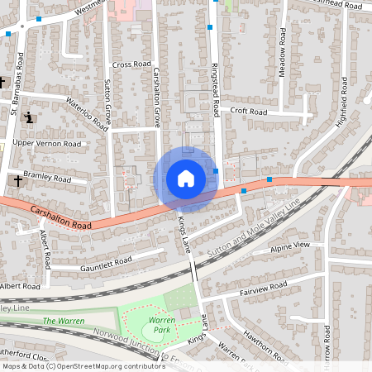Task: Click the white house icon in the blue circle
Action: [185, 179]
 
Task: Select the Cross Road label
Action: [131, 64]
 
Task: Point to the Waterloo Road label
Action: [88, 114]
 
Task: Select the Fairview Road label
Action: [262, 288]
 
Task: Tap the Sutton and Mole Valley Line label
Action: [254, 227]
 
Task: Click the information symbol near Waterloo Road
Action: [30, 117]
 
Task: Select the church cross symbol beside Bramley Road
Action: [17, 179]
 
